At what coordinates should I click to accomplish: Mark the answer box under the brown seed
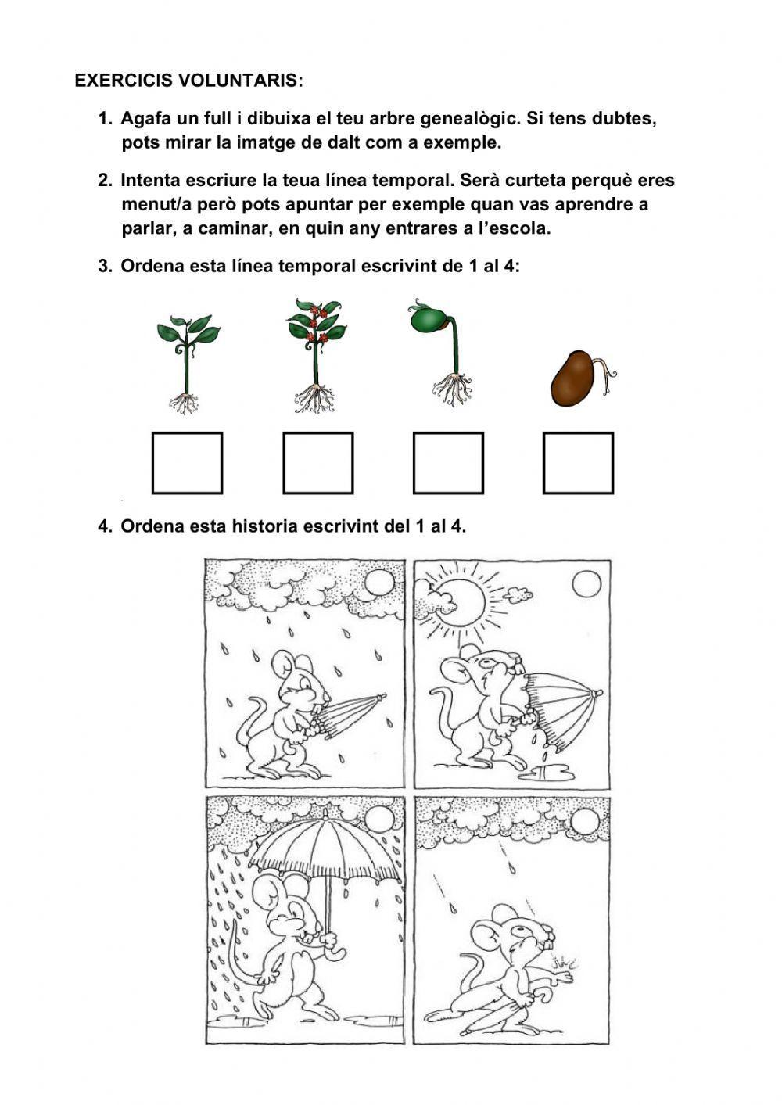pos(578,463)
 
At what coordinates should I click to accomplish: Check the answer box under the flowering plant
pos(317,463)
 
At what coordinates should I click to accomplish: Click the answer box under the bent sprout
pos(448,463)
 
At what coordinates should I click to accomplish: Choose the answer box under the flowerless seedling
pos(187,463)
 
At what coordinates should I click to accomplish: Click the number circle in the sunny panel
pos(586,584)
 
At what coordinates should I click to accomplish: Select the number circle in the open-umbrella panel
pos(378,820)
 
